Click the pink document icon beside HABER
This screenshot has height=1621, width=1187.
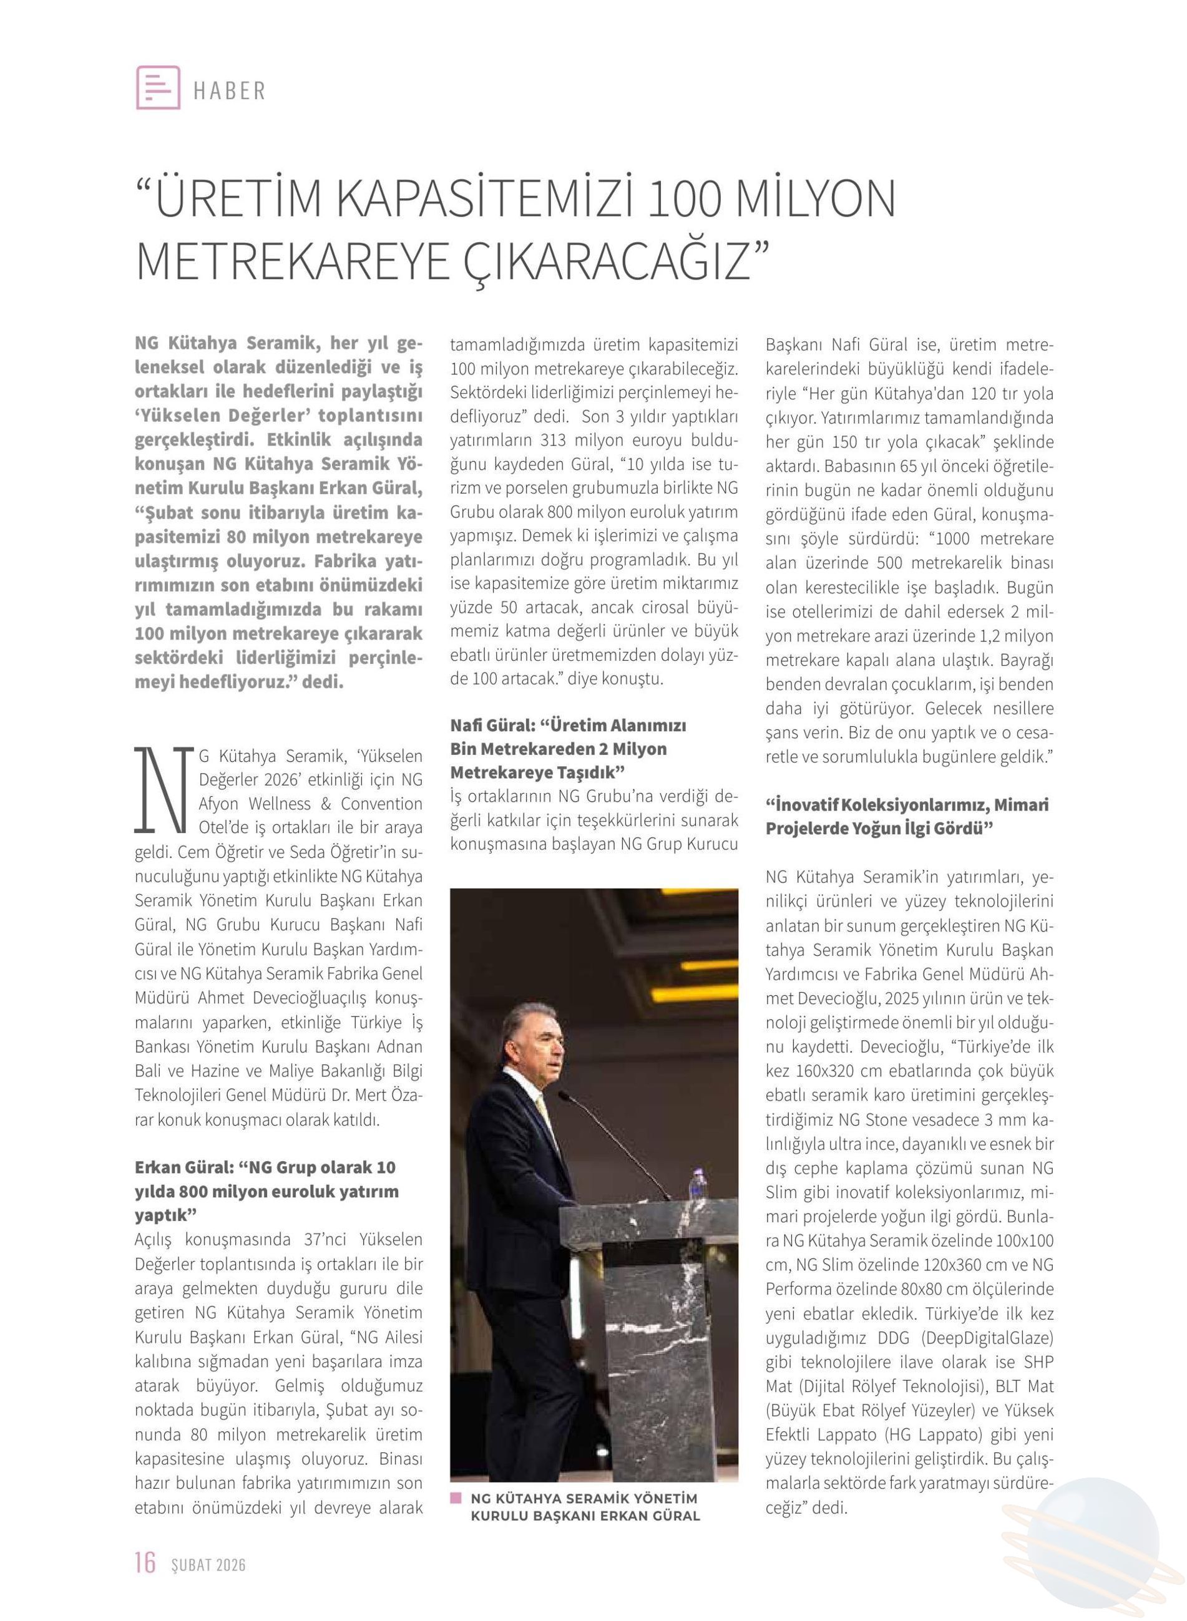(158, 87)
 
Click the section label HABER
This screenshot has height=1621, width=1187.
(230, 91)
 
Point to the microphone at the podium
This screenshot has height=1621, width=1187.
(611, 1142)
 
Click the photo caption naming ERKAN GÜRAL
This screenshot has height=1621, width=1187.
(585, 1507)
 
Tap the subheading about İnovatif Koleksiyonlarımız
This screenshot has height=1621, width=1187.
(907, 817)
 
